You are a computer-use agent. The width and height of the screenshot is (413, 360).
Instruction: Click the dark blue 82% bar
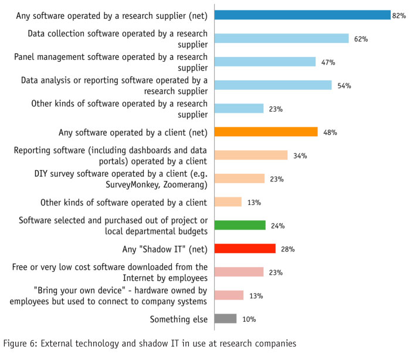click(302, 15)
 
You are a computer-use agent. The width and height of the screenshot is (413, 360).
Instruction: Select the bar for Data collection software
click(282, 38)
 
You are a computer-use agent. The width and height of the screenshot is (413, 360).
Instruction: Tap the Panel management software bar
click(265, 62)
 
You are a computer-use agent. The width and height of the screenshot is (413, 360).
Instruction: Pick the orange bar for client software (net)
click(266, 132)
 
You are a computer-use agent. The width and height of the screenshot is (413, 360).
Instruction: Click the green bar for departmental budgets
click(240, 225)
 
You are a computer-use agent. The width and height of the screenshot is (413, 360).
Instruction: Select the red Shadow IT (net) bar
click(245, 248)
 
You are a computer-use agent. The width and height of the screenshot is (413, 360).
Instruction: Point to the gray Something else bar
click(225, 319)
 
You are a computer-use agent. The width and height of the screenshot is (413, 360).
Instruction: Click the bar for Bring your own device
click(229, 295)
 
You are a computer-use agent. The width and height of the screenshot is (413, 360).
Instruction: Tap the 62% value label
click(360, 39)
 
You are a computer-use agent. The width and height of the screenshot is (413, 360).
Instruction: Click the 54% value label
click(344, 86)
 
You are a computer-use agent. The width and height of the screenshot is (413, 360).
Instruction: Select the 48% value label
click(330, 133)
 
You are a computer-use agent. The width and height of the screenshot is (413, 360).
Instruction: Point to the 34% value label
click(300, 156)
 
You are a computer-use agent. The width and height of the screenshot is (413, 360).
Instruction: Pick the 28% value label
click(287, 250)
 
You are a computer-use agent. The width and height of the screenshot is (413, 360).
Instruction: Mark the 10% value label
click(249, 319)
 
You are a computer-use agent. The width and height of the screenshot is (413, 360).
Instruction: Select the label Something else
click(178, 319)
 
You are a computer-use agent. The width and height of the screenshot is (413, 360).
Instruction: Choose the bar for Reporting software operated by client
click(250, 155)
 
